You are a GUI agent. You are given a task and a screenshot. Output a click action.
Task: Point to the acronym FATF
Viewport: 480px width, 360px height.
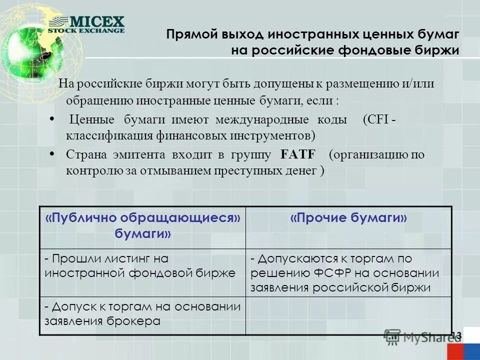(x=297, y=154)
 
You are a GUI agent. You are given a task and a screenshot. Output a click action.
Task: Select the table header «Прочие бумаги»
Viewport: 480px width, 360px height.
(x=348, y=218)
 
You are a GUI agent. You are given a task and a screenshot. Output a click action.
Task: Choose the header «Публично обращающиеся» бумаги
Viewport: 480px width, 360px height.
(x=143, y=225)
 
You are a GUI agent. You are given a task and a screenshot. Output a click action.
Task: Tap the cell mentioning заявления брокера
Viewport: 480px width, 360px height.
(x=142, y=314)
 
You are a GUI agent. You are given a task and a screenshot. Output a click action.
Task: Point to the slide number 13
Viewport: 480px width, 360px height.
(x=456, y=335)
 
